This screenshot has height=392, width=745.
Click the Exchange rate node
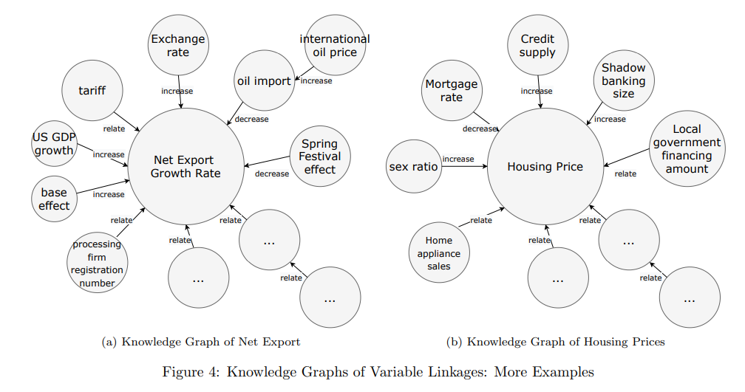click(x=178, y=45)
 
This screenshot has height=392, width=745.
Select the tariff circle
click(x=92, y=91)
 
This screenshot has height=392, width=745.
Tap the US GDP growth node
click(x=54, y=142)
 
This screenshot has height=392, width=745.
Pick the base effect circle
click(x=54, y=199)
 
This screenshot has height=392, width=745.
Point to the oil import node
click(x=263, y=81)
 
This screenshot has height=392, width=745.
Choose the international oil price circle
click(x=333, y=45)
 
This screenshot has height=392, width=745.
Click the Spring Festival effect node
click(x=320, y=157)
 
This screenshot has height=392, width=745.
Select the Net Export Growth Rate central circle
click(x=186, y=166)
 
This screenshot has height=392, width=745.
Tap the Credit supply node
click(x=537, y=45)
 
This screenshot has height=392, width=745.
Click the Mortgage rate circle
click(x=452, y=91)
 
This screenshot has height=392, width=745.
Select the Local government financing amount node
click(x=686, y=148)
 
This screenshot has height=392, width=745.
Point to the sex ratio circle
click(x=413, y=167)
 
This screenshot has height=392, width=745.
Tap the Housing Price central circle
click(x=545, y=167)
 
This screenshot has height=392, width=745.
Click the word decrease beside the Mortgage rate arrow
click(x=480, y=129)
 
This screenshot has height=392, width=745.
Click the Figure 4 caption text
click(x=378, y=371)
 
